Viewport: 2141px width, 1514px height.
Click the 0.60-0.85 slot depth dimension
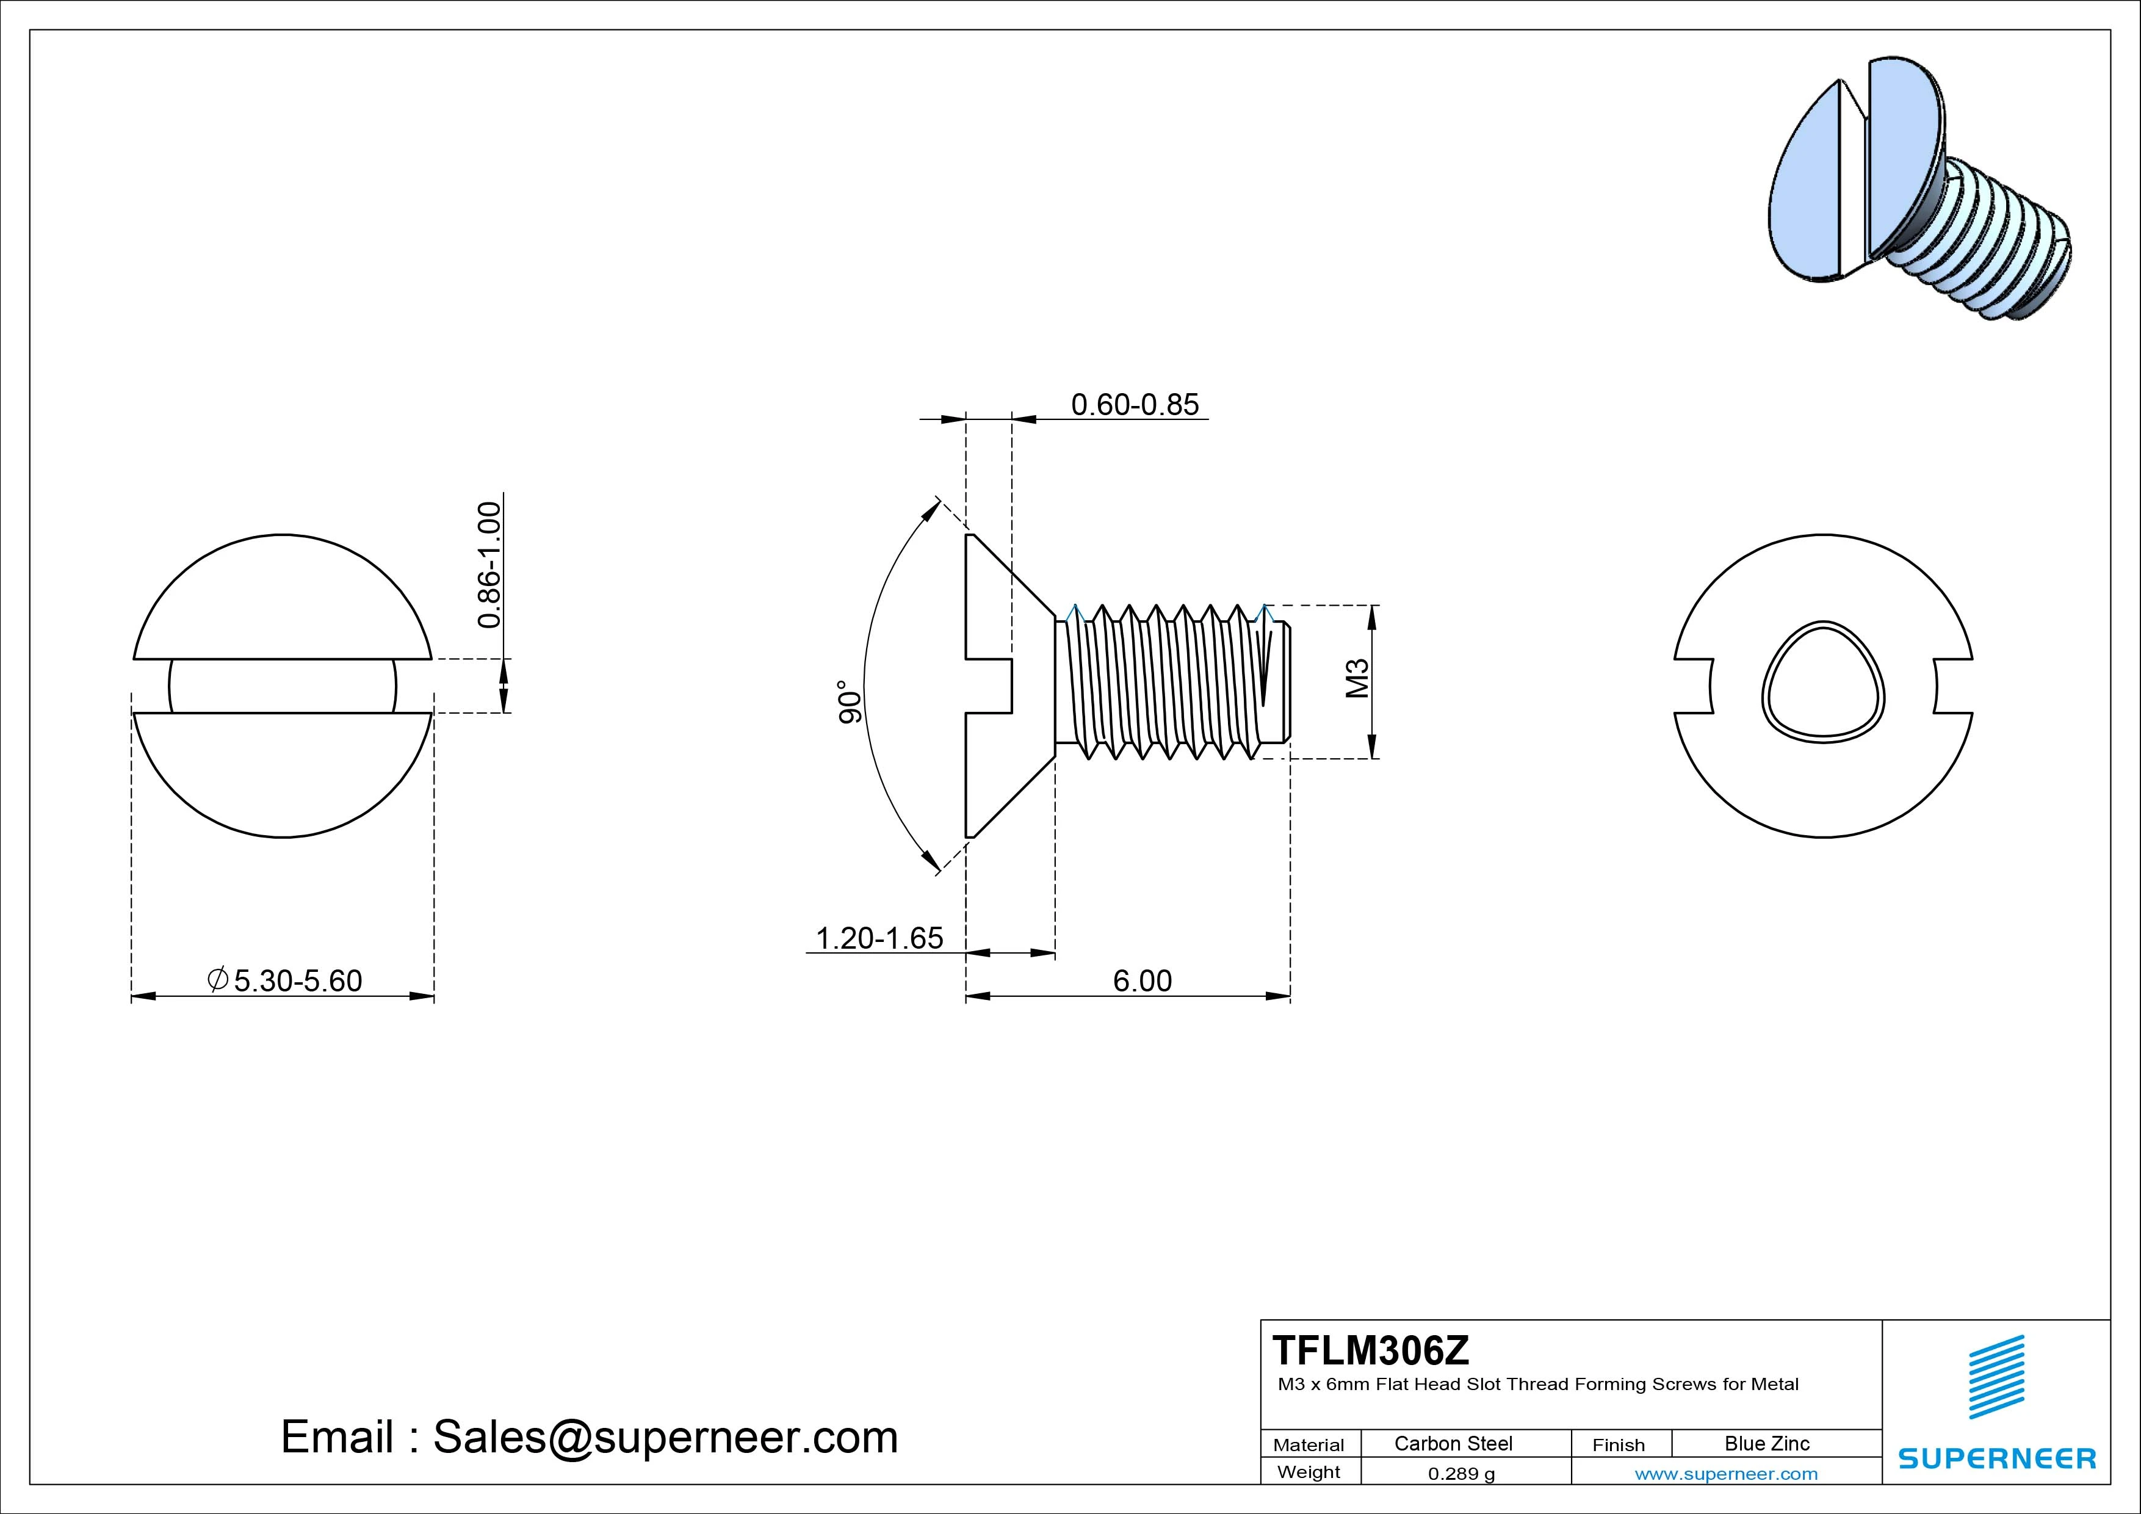click(x=1134, y=405)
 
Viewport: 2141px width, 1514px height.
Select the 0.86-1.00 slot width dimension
click(x=489, y=565)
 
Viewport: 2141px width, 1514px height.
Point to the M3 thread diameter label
click(x=1358, y=678)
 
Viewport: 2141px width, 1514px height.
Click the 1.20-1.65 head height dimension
click(x=879, y=938)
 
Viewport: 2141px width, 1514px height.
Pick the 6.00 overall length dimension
click(x=1143, y=980)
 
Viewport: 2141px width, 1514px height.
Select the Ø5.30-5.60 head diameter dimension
click(x=284, y=980)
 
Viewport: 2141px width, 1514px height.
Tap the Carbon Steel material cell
click(x=1453, y=1443)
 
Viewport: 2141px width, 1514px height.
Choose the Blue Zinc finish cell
click(x=1766, y=1443)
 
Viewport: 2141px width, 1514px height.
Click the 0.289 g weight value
click(x=1461, y=1474)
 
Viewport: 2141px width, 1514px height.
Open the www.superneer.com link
click(x=1726, y=1474)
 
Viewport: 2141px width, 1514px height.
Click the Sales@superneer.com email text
click(x=665, y=1436)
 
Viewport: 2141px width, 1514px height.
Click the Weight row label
click(x=1309, y=1472)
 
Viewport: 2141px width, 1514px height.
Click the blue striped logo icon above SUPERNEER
click(x=1996, y=1377)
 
